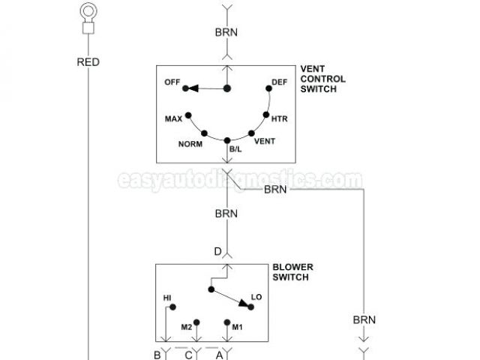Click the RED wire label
pyautogui.click(x=88, y=62)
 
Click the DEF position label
pyautogui.click(x=279, y=82)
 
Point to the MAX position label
pyautogui.click(x=174, y=119)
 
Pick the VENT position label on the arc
pyautogui.click(x=265, y=141)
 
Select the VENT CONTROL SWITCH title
pyautogui.click(x=322, y=79)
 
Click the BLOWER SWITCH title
pyautogui.click(x=293, y=271)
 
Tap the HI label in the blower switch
pyautogui.click(x=167, y=298)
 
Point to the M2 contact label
pyautogui.click(x=187, y=326)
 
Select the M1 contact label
pyautogui.click(x=238, y=326)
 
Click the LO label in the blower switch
pyautogui.click(x=256, y=298)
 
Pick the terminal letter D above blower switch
pyautogui.click(x=217, y=251)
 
